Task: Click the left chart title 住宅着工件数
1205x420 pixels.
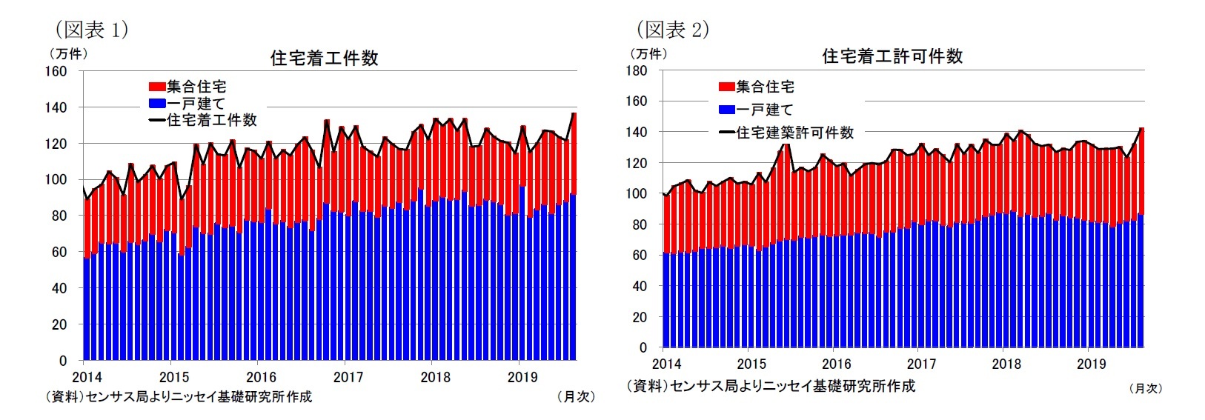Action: click(324, 59)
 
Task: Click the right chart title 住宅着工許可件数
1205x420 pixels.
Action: click(892, 56)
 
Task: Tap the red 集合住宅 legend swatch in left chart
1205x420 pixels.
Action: click(157, 87)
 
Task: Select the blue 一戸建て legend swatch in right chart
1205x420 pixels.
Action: click(727, 110)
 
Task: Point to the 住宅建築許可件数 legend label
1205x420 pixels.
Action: click(794, 133)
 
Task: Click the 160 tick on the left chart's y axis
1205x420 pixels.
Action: click(57, 71)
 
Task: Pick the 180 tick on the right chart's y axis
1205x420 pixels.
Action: click(637, 70)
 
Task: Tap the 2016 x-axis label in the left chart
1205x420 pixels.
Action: click(261, 377)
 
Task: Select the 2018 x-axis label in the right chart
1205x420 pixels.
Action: click(1006, 364)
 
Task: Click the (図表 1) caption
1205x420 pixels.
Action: click(92, 30)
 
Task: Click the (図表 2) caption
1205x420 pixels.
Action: click(673, 30)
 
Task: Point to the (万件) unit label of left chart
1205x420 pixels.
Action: click(67, 53)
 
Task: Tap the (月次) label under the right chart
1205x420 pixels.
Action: click(1146, 388)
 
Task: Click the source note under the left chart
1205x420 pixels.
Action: click(179, 397)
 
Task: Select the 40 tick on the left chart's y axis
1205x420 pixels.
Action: click(60, 288)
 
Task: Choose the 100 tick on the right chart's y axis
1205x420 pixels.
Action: click(637, 194)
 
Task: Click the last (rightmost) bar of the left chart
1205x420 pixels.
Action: click(573, 237)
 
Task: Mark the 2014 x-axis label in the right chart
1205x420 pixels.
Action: click(666, 364)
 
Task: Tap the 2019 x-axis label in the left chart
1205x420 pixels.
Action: click(522, 377)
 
